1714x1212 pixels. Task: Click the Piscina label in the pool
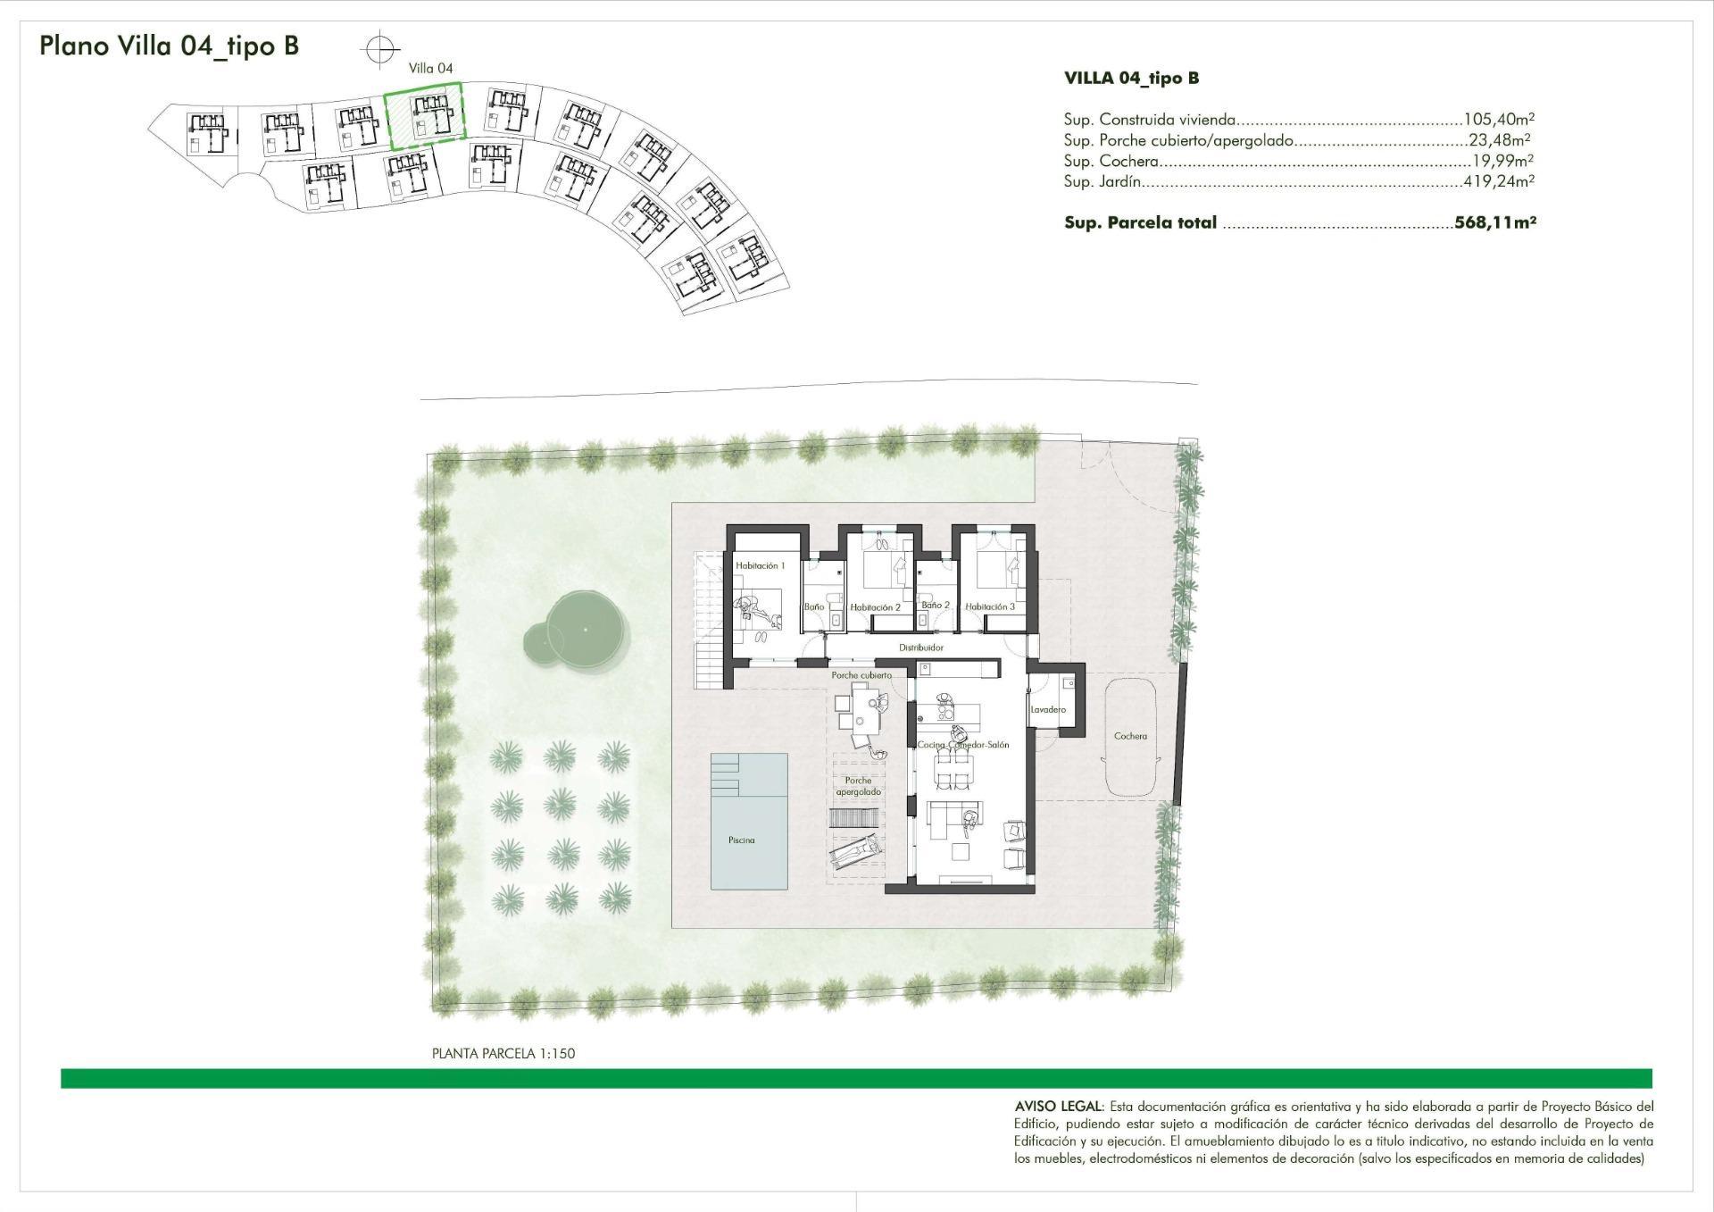(x=741, y=840)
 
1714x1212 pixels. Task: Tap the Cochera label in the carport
(x=1130, y=736)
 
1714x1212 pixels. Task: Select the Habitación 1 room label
(x=760, y=565)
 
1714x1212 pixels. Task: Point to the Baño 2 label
(x=936, y=605)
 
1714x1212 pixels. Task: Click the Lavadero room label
(x=1048, y=709)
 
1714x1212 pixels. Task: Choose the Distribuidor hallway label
(x=920, y=648)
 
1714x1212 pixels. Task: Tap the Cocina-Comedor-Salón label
(x=963, y=744)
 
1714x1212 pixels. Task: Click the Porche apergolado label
(x=858, y=786)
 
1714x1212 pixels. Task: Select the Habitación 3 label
(x=990, y=606)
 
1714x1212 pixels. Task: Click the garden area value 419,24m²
(x=1499, y=181)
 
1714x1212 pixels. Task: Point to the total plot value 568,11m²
(x=1494, y=222)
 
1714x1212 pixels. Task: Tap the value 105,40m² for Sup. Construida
(x=1499, y=119)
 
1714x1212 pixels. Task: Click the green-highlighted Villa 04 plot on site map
(x=424, y=115)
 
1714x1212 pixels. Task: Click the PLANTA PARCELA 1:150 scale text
(x=503, y=1053)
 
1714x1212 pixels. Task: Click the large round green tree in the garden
(x=584, y=629)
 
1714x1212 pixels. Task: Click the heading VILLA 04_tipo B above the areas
(x=1131, y=78)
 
